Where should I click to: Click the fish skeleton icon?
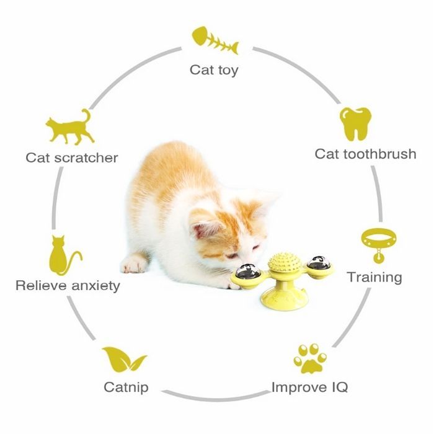pyautogui.click(x=215, y=40)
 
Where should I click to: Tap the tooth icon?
pyautogui.click(x=355, y=123)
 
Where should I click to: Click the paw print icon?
pyautogui.click(x=310, y=358)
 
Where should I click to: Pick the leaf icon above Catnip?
pyautogui.click(x=124, y=359)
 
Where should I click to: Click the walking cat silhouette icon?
pyautogui.click(x=70, y=127)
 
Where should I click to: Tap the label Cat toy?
pyautogui.click(x=214, y=70)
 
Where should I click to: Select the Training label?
pyautogui.click(x=374, y=277)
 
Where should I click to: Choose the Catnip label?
pyautogui.click(x=126, y=387)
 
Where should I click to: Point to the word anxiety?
pyautogui.click(x=95, y=286)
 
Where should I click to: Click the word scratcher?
pyautogui.click(x=86, y=157)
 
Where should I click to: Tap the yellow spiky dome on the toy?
pyautogui.click(x=281, y=262)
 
